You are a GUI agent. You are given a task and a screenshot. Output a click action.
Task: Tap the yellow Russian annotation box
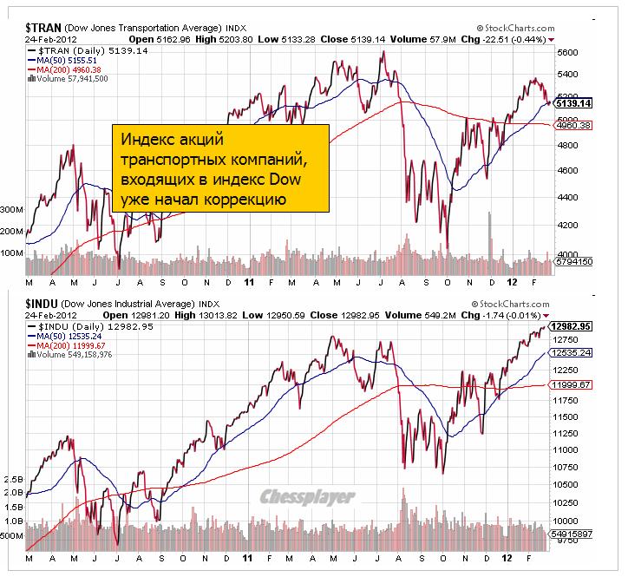coord(222,167)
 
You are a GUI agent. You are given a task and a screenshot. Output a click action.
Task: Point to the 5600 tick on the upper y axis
coord(567,52)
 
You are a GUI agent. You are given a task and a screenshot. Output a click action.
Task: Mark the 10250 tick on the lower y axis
coord(569,502)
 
